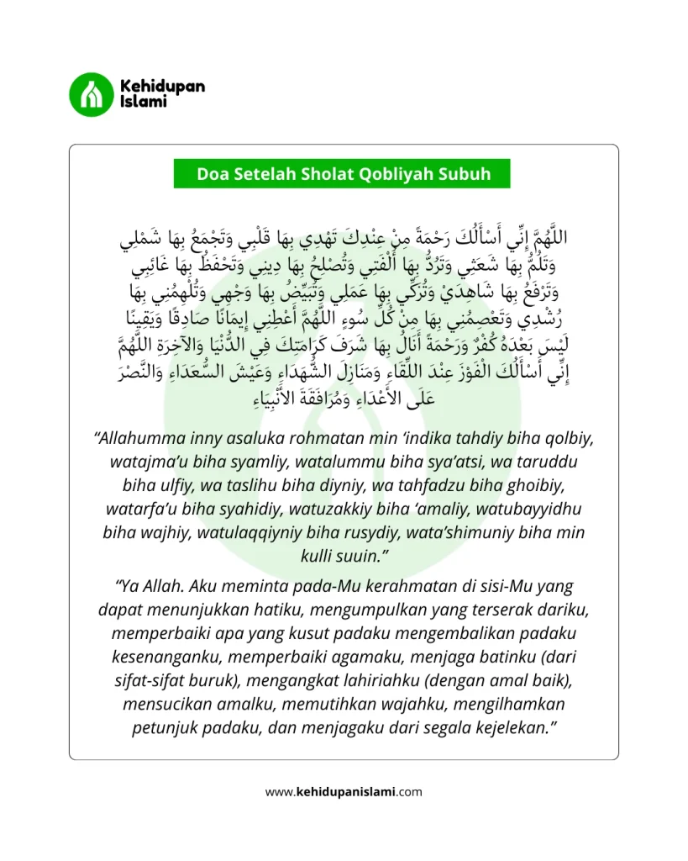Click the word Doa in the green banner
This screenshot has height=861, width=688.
(x=213, y=174)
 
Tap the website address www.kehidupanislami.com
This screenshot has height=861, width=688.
(x=344, y=791)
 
